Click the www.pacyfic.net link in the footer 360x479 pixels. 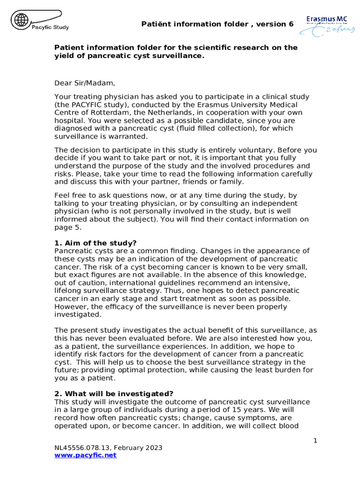(85, 455)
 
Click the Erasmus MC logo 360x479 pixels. (327, 25)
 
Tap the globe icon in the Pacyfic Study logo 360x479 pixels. (21, 20)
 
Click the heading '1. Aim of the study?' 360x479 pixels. (95, 243)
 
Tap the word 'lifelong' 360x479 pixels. (69, 290)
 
